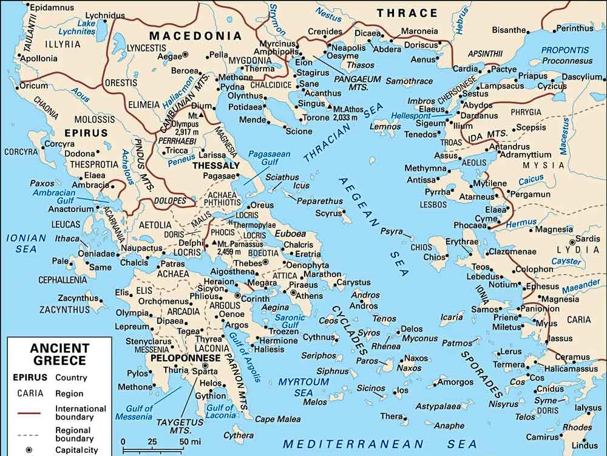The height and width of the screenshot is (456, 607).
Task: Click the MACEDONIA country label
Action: pos(195,36)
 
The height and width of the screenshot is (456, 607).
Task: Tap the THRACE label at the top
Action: pos(407,13)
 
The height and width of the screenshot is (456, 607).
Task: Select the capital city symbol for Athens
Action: pos(294,293)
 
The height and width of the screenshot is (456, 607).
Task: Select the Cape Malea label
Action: pos(277,419)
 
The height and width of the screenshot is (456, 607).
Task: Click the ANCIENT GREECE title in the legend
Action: pos(60,354)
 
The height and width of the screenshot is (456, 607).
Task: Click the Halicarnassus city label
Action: pos(571,369)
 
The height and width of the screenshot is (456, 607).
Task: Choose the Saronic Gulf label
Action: pos(291,321)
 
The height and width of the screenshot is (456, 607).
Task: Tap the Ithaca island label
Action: pos(67,239)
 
